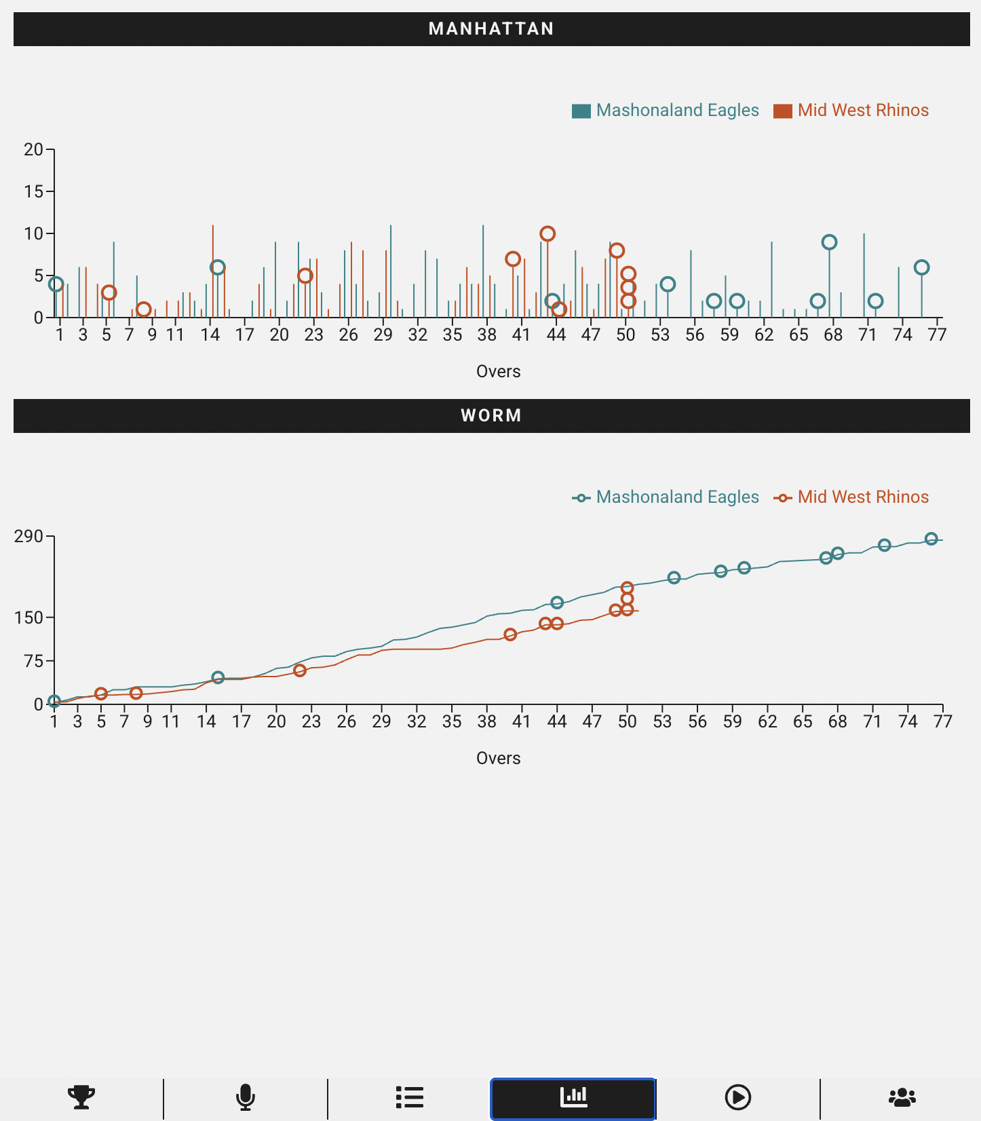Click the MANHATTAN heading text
pos(491,29)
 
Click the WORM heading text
pos(491,416)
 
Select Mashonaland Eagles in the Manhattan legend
pos(676,111)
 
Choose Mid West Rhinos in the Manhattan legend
pos(862,111)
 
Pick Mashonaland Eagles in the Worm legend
pos(676,497)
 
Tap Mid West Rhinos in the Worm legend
pos(862,497)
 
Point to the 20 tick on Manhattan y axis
pos(33,149)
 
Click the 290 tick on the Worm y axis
pos(28,537)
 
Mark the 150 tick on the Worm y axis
pos(28,618)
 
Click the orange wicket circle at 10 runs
pos(547,234)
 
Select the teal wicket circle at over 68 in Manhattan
pos(829,242)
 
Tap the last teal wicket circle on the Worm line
pos(931,539)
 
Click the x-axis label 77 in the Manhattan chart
pos(937,335)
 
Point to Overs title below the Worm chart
pos(498,758)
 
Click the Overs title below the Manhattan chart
pos(498,371)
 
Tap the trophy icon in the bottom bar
pos(81,1097)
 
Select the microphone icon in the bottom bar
pos(246,1097)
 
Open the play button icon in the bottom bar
pos(737,1097)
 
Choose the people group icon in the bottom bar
pos(902,1097)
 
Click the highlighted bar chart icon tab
pos(573,1097)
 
